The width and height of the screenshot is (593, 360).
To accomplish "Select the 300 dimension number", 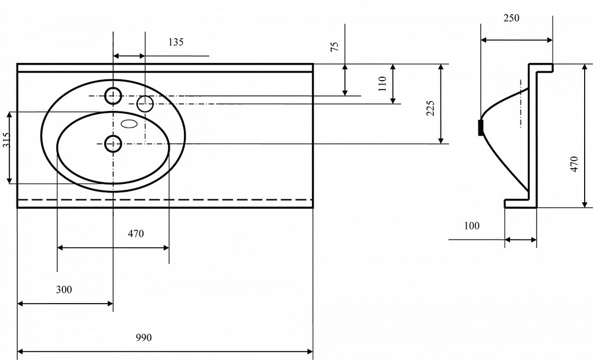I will [x=64, y=289].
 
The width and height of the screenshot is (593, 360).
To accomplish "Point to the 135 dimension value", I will [x=176, y=42].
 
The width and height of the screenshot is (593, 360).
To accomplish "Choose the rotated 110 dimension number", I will [x=382, y=82].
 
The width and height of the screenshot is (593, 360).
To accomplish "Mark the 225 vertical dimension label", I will [x=431, y=108].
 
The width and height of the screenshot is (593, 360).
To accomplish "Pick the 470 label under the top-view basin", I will [x=136, y=234].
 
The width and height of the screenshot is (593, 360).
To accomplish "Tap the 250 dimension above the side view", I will [x=511, y=18].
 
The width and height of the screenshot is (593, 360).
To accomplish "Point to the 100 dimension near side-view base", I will [x=472, y=225].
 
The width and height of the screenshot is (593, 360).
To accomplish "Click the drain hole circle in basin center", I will [x=113, y=143].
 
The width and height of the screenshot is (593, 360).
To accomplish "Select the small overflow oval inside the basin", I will [x=129, y=124].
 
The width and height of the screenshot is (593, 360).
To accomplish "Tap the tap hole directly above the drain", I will [x=113, y=95].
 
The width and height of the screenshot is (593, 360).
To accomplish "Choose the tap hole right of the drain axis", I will [x=145, y=104].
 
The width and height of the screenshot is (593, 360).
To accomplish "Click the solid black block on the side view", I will [x=480, y=128].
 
